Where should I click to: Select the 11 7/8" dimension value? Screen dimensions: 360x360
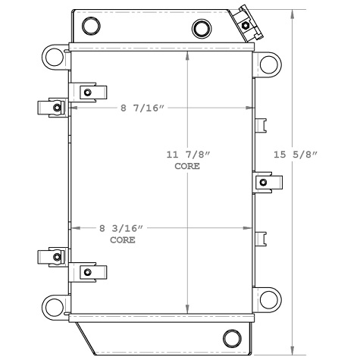(x=187, y=155)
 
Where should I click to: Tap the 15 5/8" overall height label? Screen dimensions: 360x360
(x=296, y=155)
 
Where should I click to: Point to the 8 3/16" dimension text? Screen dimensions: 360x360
(x=121, y=227)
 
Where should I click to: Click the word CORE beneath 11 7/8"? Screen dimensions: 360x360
(x=187, y=166)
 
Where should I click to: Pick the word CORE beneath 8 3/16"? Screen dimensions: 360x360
(x=122, y=239)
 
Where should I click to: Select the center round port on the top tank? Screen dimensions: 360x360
(x=202, y=29)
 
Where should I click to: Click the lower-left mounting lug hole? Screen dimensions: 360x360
(x=53, y=305)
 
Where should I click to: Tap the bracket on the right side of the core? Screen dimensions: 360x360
(x=267, y=182)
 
